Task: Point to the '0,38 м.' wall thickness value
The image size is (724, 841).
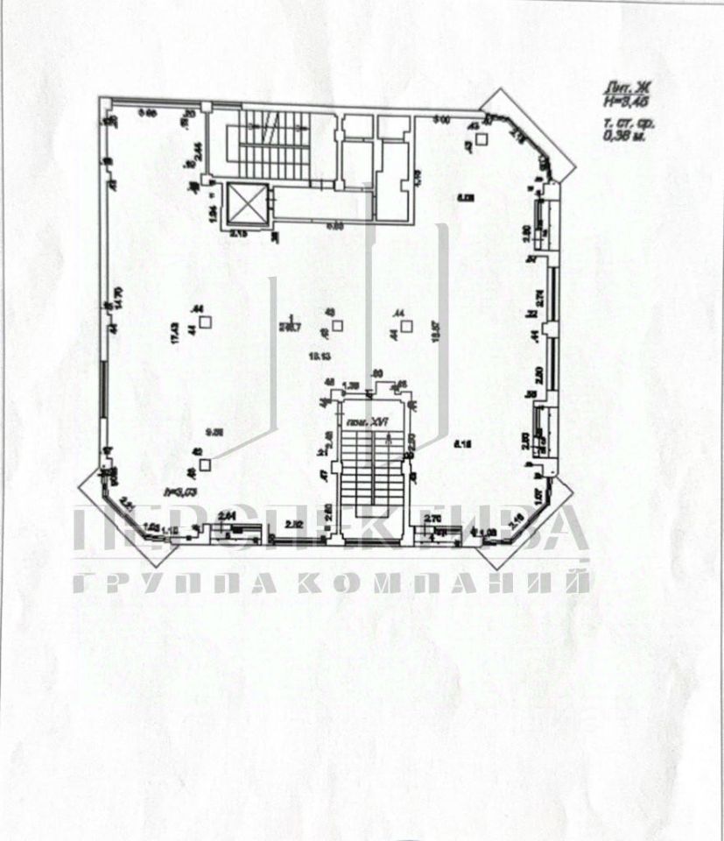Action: (x=624, y=136)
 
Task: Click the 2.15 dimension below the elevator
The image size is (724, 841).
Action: (x=239, y=234)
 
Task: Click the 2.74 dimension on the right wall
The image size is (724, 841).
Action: (x=540, y=298)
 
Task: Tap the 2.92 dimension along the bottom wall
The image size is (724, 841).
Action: (x=295, y=524)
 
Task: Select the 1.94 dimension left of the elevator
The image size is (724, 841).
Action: (x=211, y=212)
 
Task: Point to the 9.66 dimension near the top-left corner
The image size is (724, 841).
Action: (x=148, y=112)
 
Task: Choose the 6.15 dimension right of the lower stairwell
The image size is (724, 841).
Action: (x=463, y=444)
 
